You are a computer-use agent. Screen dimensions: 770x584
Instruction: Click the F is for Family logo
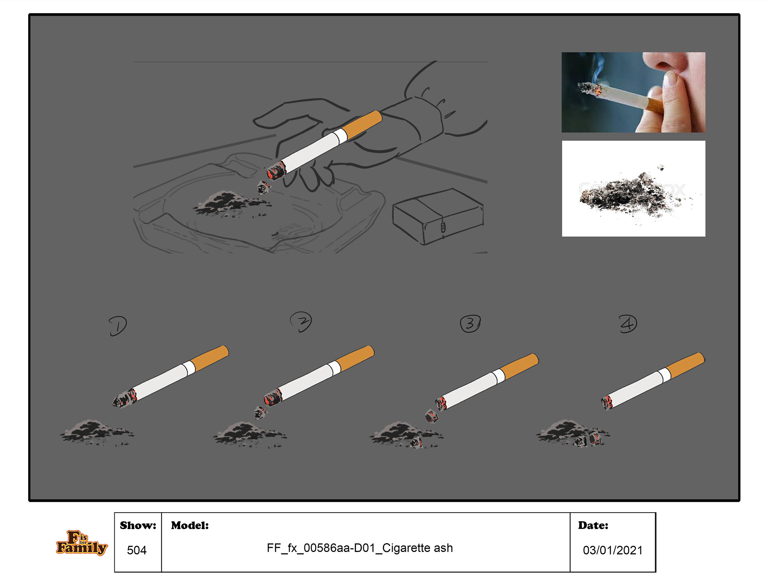pyautogui.click(x=81, y=543)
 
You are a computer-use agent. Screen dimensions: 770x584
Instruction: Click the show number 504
pyautogui.click(x=137, y=550)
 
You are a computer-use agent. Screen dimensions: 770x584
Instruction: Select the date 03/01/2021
pyautogui.click(x=612, y=550)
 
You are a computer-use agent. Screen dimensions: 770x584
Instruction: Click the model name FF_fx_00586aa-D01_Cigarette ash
pyautogui.click(x=360, y=548)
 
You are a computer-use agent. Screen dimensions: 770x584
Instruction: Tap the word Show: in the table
pyautogui.click(x=138, y=525)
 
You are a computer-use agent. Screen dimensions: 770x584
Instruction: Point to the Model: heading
pyautogui.click(x=190, y=525)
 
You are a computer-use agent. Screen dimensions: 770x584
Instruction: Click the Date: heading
pyautogui.click(x=593, y=525)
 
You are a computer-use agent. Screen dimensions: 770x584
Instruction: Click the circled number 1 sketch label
pyautogui.click(x=118, y=326)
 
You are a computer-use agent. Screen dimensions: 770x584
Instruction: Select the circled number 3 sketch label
pyautogui.click(x=470, y=323)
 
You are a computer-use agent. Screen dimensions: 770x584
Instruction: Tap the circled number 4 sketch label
pyautogui.click(x=628, y=324)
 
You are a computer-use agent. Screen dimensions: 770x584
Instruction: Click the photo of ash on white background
pyautogui.click(x=634, y=188)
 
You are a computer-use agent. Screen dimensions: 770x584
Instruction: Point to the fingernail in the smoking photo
pyautogui.click(x=671, y=79)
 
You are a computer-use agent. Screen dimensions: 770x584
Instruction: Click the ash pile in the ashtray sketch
pyautogui.click(x=231, y=204)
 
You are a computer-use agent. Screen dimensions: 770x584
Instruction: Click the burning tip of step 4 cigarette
pyautogui.click(x=606, y=402)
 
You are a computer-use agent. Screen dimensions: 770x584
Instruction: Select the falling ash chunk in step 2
pyautogui.click(x=260, y=412)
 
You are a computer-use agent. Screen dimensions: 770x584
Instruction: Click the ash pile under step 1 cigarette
pyautogui.click(x=97, y=433)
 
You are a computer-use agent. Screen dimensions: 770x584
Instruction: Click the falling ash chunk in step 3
pyautogui.click(x=432, y=416)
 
